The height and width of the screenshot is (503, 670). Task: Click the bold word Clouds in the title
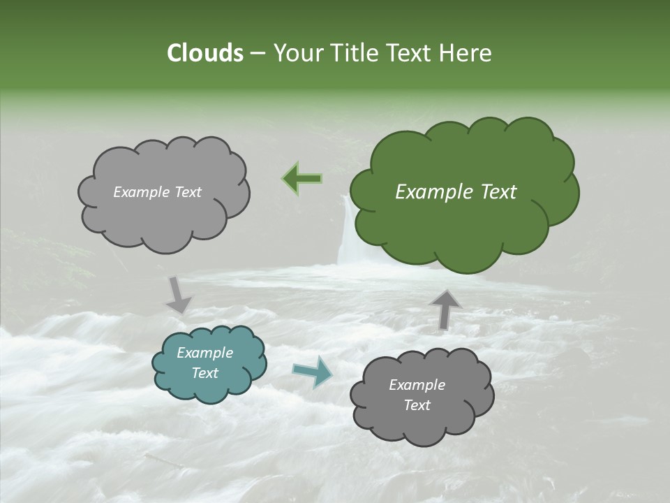tap(204, 53)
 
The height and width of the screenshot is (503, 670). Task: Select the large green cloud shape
tap(463, 224)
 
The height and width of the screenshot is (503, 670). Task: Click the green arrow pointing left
tap(303, 179)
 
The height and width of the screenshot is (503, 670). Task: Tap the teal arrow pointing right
tap(313, 372)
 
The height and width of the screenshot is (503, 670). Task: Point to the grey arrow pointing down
tap(179, 296)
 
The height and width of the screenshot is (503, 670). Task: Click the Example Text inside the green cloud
tap(456, 192)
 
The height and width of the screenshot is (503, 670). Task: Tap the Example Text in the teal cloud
tap(204, 363)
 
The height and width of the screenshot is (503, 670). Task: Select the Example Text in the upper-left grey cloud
tap(157, 192)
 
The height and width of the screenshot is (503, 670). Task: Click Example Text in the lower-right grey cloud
tap(417, 395)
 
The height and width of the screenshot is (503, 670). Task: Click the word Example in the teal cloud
tap(204, 353)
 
